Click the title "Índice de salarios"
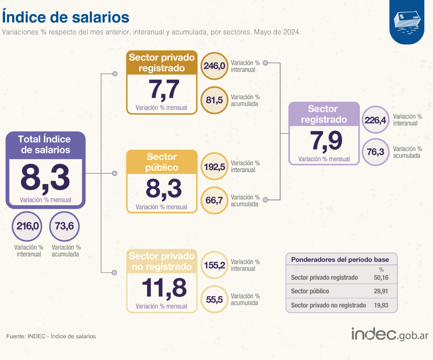66,17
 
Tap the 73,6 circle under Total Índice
64,226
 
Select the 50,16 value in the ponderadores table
381,278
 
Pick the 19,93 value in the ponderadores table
381,305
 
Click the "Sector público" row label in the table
310,292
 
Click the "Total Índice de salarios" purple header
45,145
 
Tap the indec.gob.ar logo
390,334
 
